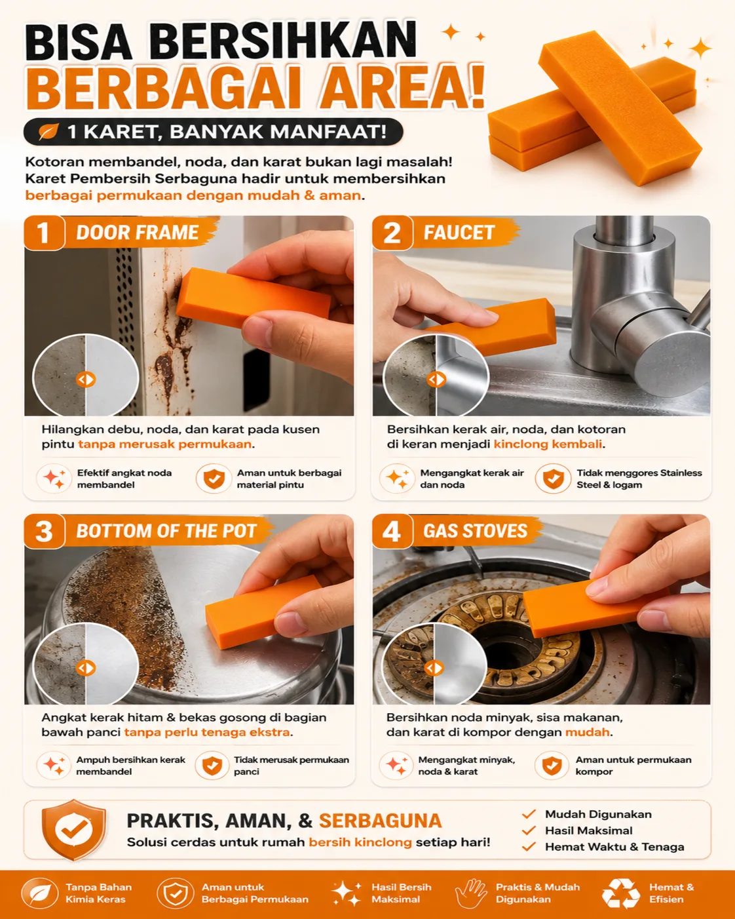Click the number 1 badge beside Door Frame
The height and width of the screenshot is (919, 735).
44,233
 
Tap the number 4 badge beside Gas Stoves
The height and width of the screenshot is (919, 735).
392,531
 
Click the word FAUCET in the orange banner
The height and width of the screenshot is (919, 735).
459,233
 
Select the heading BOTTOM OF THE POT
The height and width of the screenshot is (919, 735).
166,531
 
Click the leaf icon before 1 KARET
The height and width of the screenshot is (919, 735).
48,131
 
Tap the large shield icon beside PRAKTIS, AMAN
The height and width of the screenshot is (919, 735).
73,830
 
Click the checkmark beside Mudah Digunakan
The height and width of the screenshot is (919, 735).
529,814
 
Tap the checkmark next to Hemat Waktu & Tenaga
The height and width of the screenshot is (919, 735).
529,847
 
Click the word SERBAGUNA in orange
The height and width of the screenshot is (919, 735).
380,821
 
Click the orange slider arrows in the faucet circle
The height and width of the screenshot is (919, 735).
436,380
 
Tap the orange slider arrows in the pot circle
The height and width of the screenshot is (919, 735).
86,669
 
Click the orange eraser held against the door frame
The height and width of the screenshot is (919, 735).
254,298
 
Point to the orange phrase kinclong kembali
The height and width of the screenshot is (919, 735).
548,444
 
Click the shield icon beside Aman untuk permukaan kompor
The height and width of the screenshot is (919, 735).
552,766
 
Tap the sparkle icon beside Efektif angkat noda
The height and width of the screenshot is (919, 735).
54,479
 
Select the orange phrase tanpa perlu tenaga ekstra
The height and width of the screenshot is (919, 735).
207,732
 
